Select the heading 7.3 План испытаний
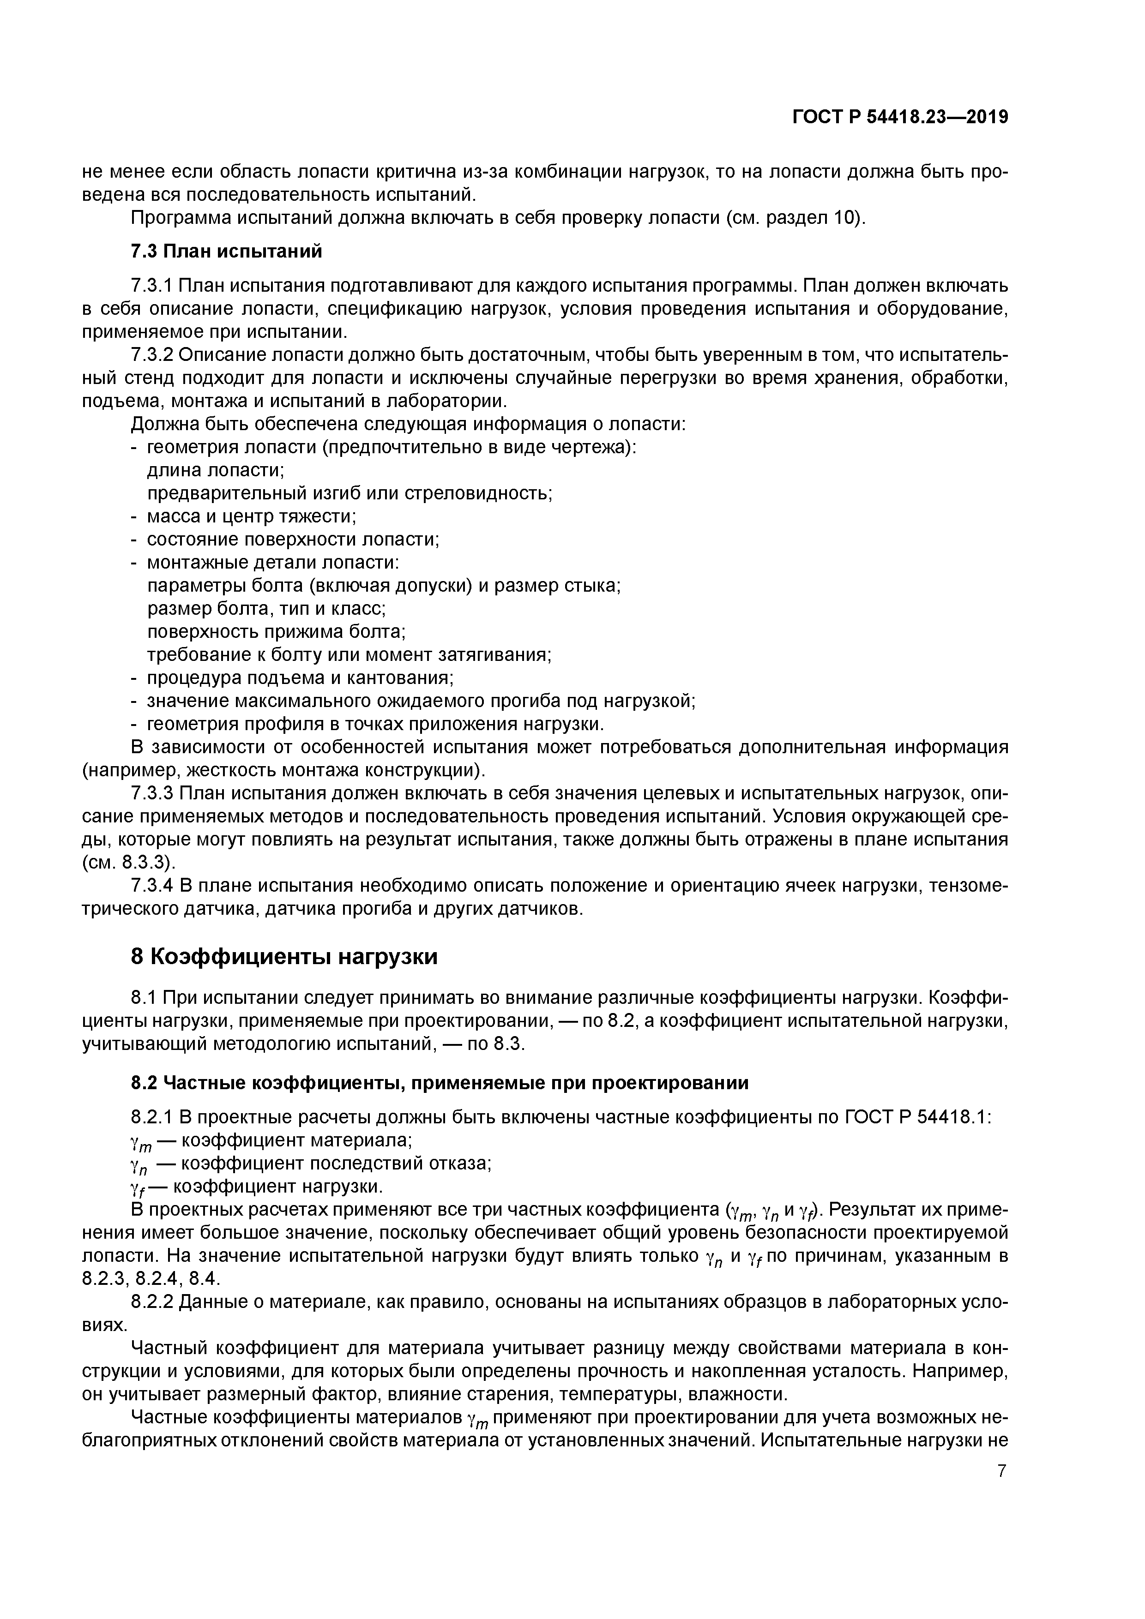click(x=226, y=251)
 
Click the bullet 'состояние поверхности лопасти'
click(x=292, y=540)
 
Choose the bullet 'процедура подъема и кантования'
click(x=299, y=678)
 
